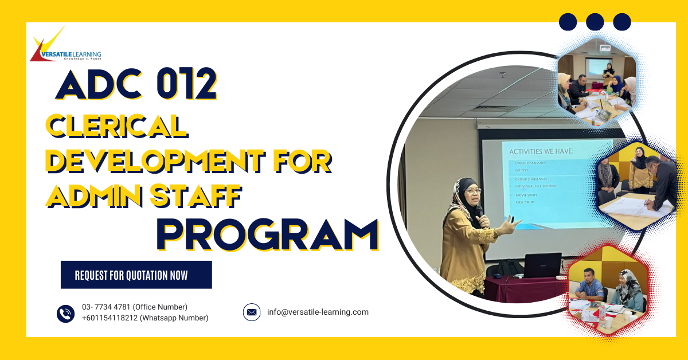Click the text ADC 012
[136, 85]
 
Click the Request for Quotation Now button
[136, 275]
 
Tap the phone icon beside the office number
[65, 313]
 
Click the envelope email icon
[252, 312]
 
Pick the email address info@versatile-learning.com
[318, 312]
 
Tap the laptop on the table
[542, 265]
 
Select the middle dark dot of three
[595, 22]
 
